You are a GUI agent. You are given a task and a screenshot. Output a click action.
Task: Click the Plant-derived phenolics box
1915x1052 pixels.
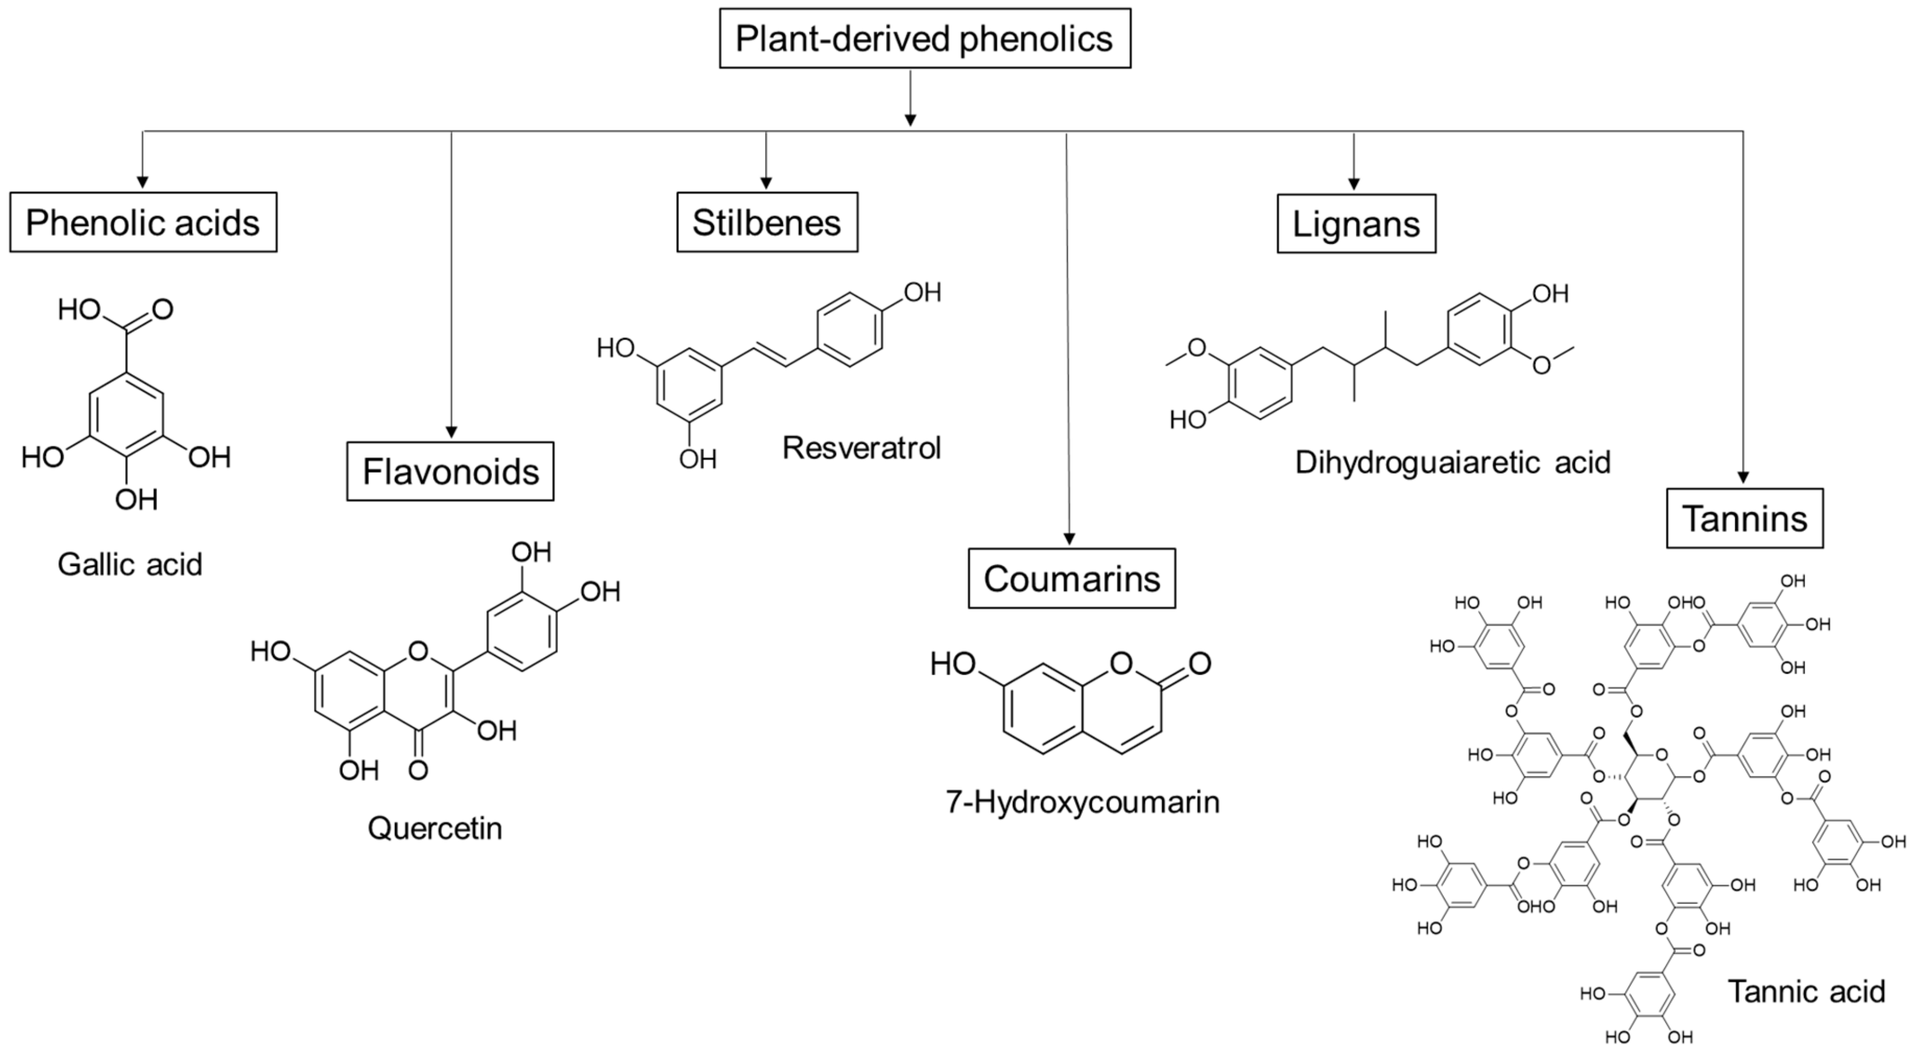coord(924,39)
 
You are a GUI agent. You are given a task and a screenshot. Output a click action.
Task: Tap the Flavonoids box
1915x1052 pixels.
coord(450,472)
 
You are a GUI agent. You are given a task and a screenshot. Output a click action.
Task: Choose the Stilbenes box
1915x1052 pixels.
coord(767,222)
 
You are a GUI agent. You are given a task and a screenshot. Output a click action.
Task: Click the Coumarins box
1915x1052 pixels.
coord(1071,578)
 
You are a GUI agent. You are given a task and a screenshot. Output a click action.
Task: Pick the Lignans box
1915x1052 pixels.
coord(1356,224)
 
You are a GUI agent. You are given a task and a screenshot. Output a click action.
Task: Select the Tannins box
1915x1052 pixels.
coord(1744,518)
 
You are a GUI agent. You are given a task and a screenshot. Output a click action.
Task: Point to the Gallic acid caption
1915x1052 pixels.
coord(130,564)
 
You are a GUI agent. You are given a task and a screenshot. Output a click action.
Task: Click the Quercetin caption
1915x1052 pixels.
coord(435,827)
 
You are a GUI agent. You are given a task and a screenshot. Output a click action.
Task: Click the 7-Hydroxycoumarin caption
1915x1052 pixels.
coord(1082,801)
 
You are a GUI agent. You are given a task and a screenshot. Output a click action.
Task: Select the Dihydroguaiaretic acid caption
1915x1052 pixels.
coord(1452,462)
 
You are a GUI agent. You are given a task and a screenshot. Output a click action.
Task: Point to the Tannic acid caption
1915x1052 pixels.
coord(1806,991)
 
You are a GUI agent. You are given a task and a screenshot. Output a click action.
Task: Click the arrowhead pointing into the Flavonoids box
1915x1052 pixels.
coord(450,433)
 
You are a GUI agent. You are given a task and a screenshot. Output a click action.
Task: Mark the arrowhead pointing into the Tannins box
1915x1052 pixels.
coord(1742,478)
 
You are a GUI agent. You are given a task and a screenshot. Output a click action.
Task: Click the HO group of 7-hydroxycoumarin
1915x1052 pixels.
coord(953,663)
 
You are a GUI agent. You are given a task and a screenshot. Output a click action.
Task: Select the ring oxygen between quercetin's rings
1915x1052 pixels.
coord(418,651)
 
